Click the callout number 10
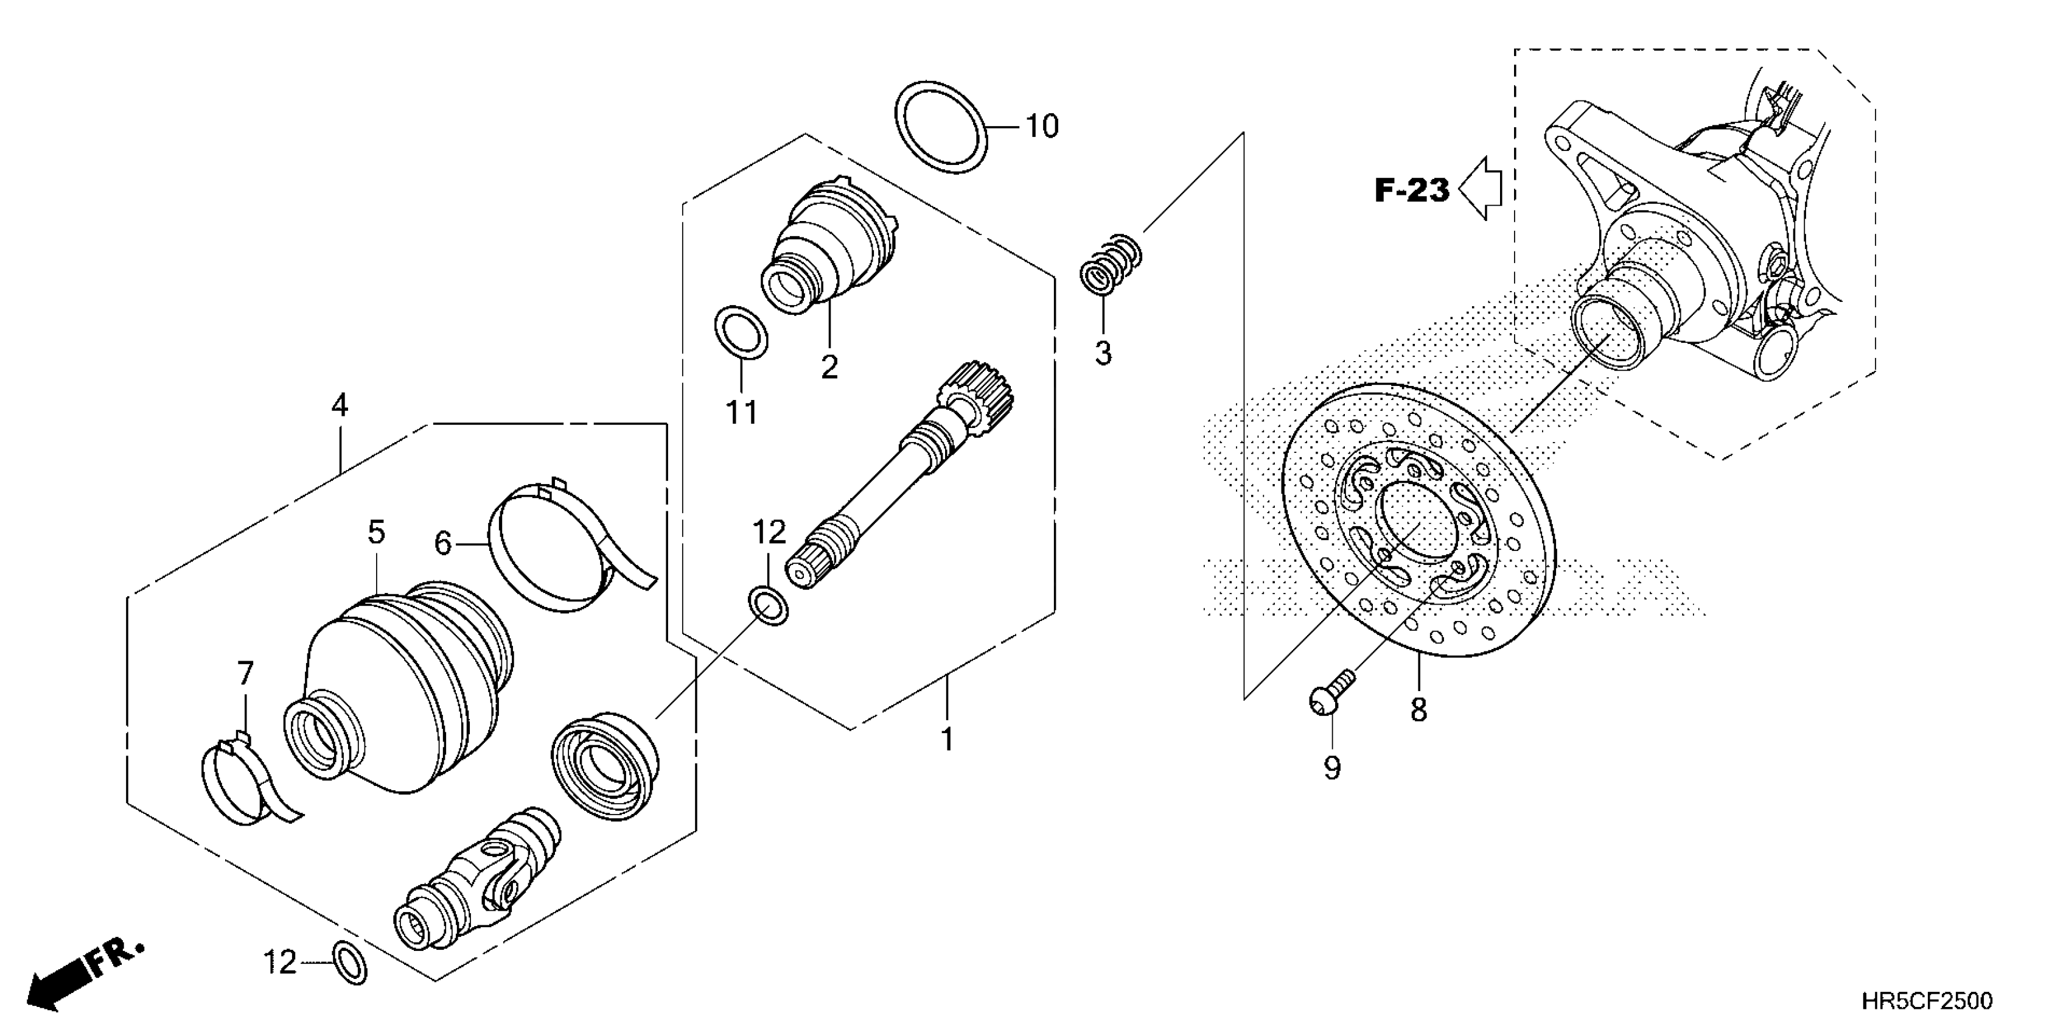coord(1042,127)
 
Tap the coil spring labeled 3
coord(1110,262)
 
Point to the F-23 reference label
coord(1411,191)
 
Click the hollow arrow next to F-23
coord(1481,189)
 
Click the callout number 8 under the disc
coord(1418,710)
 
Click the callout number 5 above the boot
coord(376,532)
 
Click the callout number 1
coord(947,739)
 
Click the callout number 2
coord(829,367)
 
